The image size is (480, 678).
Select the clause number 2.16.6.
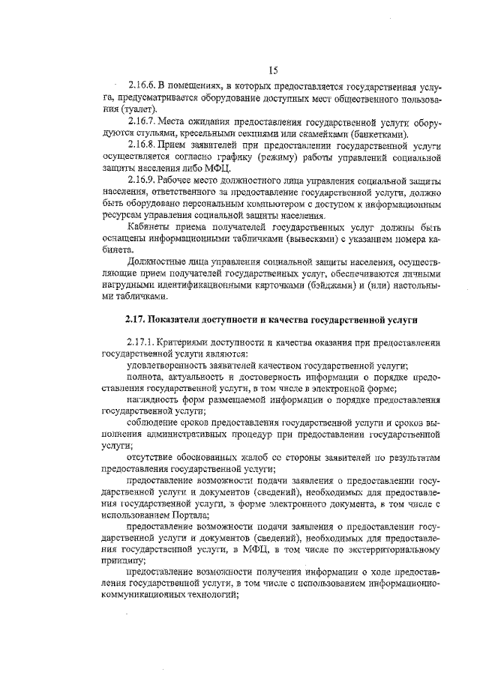[x=142, y=85]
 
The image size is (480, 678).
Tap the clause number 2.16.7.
[x=142, y=121]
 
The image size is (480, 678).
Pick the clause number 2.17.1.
[x=142, y=342]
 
